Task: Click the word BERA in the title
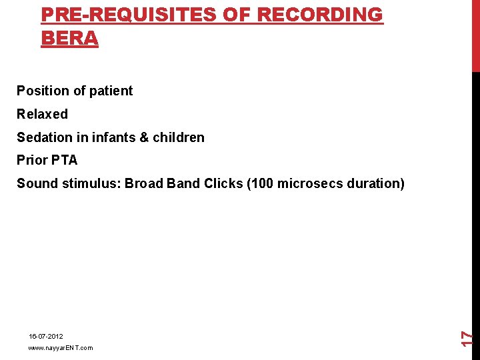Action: coord(69,38)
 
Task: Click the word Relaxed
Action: coord(42,114)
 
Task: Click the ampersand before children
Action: coord(144,137)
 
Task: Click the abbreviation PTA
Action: coord(64,160)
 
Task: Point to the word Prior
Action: coord(31,160)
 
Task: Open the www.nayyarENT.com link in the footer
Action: coord(61,348)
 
